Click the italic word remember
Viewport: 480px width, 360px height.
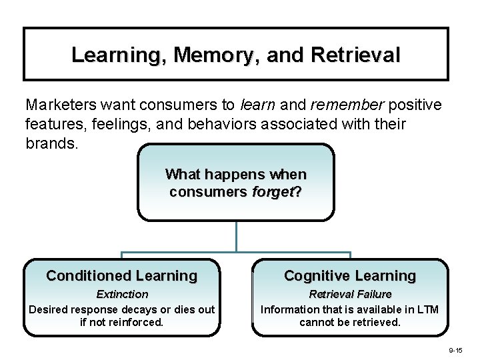point(348,105)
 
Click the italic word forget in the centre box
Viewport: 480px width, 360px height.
point(275,192)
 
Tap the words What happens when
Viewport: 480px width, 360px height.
point(236,175)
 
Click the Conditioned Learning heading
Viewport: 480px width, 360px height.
point(121,275)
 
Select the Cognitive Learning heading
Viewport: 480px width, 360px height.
point(349,275)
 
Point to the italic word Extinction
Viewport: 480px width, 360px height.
point(122,294)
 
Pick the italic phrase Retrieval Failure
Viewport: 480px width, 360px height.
point(350,294)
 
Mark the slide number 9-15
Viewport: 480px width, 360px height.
point(455,349)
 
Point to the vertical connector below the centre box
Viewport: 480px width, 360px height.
point(236,236)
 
